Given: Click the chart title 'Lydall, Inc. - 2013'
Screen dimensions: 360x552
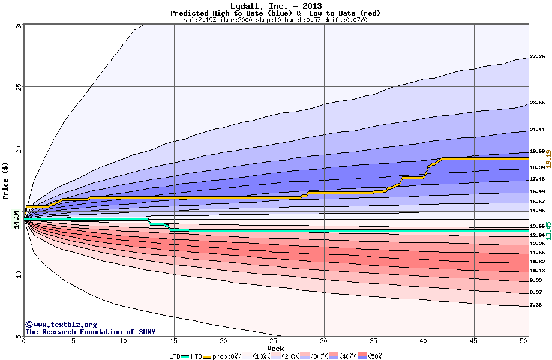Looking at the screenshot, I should (x=275, y=6).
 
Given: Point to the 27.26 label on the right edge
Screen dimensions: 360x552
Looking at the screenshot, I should (x=537, y=57).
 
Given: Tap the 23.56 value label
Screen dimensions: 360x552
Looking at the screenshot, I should (x=537, y=103).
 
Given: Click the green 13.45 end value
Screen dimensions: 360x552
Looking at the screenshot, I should (x=548, y=230).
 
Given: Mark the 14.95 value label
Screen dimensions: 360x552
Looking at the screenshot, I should (x=537, y=211).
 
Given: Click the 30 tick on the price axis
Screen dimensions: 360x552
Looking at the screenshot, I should (x=18, y=25).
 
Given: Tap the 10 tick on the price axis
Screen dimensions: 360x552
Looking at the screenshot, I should (x=18, y=274).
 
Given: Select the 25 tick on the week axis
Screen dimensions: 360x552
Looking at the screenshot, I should (x=274, y=341).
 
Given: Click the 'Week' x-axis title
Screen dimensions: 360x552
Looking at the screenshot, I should (x=275, y=349).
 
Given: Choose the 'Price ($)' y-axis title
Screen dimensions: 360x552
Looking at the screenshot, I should (x=6, y=180).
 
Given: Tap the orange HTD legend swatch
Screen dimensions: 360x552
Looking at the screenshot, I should (x=208, y=356).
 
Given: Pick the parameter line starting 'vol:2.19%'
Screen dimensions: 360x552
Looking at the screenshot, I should (x=275, y=20).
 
